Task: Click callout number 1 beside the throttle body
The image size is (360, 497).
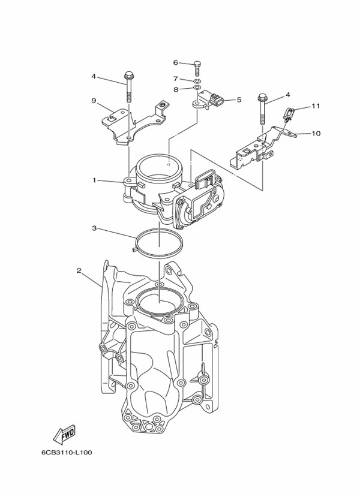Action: tap(94, 180)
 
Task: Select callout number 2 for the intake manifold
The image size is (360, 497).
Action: tap(79, 270)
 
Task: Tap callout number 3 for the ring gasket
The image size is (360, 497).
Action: tap(94, 228)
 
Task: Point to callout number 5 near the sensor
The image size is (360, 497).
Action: tap(239, 100)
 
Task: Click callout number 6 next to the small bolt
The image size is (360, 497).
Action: tap(176, 62)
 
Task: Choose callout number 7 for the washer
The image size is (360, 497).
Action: tap(176, 79)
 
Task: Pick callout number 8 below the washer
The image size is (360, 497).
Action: tap(176, 89)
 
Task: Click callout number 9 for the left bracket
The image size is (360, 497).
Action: tap(94, 101)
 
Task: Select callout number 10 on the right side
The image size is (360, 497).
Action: tap(316, 134)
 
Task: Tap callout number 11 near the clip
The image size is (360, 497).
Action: tap(316, 106)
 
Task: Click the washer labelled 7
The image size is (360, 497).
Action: tap(197, 80)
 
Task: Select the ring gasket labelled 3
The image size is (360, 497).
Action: tap(159, 243)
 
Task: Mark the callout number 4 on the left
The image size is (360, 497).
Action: tap(94, 76)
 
